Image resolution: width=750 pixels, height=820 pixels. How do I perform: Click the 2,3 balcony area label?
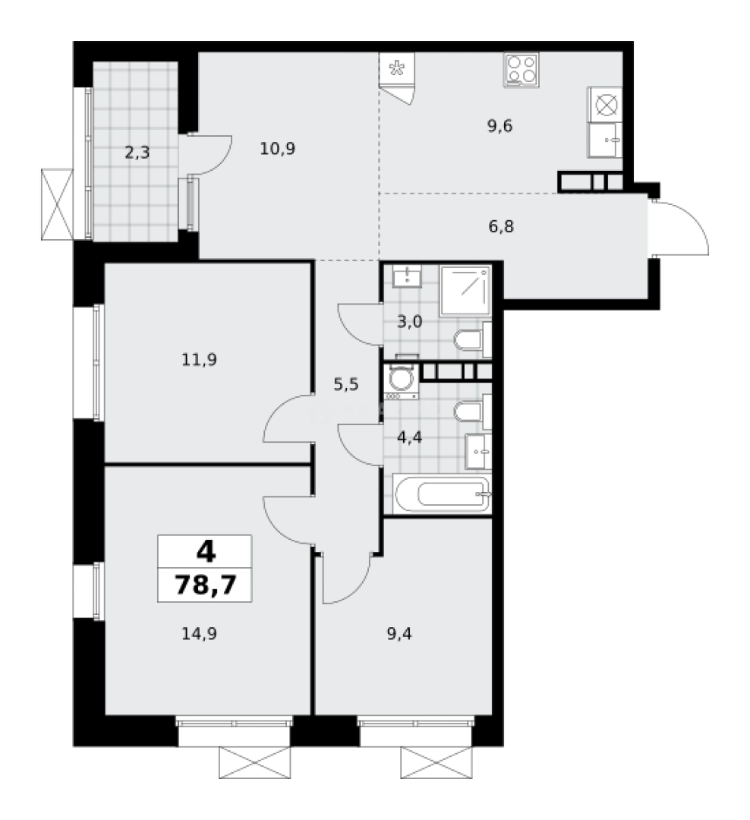pyautogui.click(x=137, y=152)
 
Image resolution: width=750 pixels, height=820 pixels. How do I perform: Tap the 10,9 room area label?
pyautogui.click(x=277, y=148)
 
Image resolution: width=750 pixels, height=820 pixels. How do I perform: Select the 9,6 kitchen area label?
pyautogui.click(x=500, y=126)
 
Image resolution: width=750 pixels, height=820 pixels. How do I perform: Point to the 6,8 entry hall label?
pyautogui.click(x=500, y=225)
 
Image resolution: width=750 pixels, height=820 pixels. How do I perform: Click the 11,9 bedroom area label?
pyautogui.click(x=200, y=359)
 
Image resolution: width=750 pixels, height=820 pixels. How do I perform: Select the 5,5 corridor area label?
pyautogui.click(x=345, y=384)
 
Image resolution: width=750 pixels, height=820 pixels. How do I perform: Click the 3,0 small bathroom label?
pyautogui.click(x=409, y=321)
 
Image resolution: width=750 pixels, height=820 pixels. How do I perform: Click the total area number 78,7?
pyautogui.click(x=204, y=585)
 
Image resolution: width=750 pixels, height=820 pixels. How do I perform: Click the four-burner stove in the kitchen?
pyautogui.click(x=521, y=69)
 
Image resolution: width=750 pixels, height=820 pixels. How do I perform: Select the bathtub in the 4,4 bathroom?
pyautogui.click(x=441, y=495)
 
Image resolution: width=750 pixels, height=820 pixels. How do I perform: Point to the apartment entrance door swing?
pyautogui.click(x=680, y=228)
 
